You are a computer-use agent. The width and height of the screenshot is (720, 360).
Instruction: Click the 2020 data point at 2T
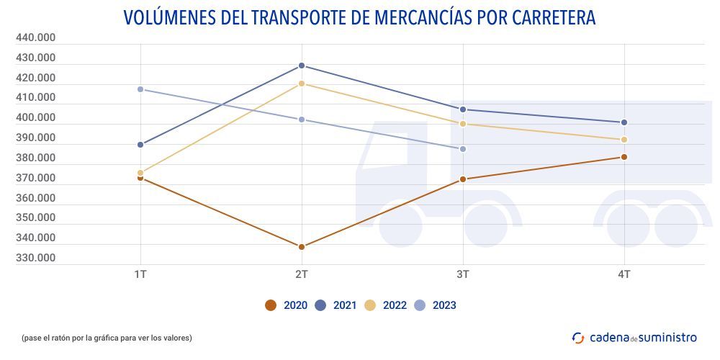tap(302, 247)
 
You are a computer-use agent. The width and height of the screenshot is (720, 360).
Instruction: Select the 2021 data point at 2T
tap(302, 66)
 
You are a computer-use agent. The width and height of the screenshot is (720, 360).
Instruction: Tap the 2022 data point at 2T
tap(302, 84)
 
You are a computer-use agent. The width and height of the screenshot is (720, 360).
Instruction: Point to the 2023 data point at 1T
tap(140, 89)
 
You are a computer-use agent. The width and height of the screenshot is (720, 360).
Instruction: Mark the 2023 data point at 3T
tap(463, 149)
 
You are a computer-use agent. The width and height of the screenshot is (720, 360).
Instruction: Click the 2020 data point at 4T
tap(624, 157)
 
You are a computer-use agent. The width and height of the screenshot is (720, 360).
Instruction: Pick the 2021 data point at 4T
tap(624, 122)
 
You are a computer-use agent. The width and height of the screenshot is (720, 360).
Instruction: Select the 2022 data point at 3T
tap(463, 124)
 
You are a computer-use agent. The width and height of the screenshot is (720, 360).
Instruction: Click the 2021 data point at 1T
tap(140, 145)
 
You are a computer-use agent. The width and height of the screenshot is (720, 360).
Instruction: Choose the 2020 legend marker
tap(271, 305)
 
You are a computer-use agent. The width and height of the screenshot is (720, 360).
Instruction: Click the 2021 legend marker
tap(320, 305)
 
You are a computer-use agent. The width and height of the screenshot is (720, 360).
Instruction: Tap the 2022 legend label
tap(395, 305)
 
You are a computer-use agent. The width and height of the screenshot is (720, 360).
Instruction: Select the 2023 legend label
tap(444, 305)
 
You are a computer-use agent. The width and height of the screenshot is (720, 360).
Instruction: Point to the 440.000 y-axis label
tap(36, 37)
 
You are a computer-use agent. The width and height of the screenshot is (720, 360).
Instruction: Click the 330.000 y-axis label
tap(36, 258)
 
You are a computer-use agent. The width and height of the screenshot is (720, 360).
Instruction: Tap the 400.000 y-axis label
tap(36, 117)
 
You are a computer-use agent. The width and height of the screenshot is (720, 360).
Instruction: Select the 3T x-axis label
tap(463, 274)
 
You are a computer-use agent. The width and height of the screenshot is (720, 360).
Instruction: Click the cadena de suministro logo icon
tap(578, 337)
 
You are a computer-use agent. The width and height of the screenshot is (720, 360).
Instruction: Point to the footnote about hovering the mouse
tap(107, 338)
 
